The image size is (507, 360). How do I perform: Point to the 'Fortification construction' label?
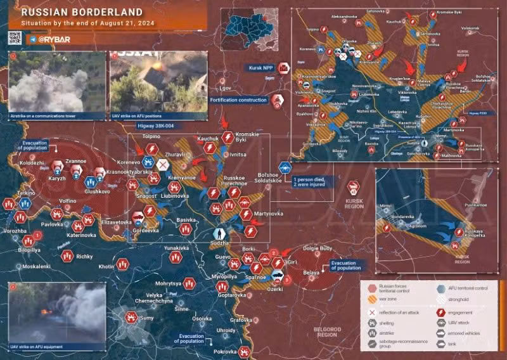(x=239, y=100)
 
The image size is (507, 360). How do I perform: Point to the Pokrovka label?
(x=224, y=352)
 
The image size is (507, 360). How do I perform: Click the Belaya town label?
(x=311, y=273)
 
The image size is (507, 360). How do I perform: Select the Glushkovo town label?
(x=97, y=191)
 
